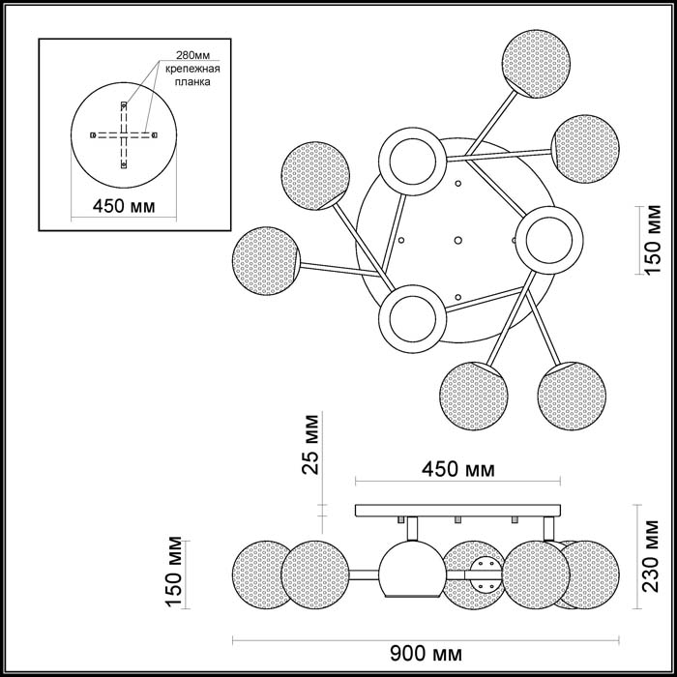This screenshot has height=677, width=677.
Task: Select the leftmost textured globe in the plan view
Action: pos(267,258)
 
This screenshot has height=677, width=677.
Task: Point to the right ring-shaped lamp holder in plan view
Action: pos(547,239)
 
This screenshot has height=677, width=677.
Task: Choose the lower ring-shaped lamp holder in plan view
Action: pos(412,316)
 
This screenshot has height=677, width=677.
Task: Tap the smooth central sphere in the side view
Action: pos(410,570)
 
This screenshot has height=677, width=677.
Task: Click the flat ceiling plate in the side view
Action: pos(458,510)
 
